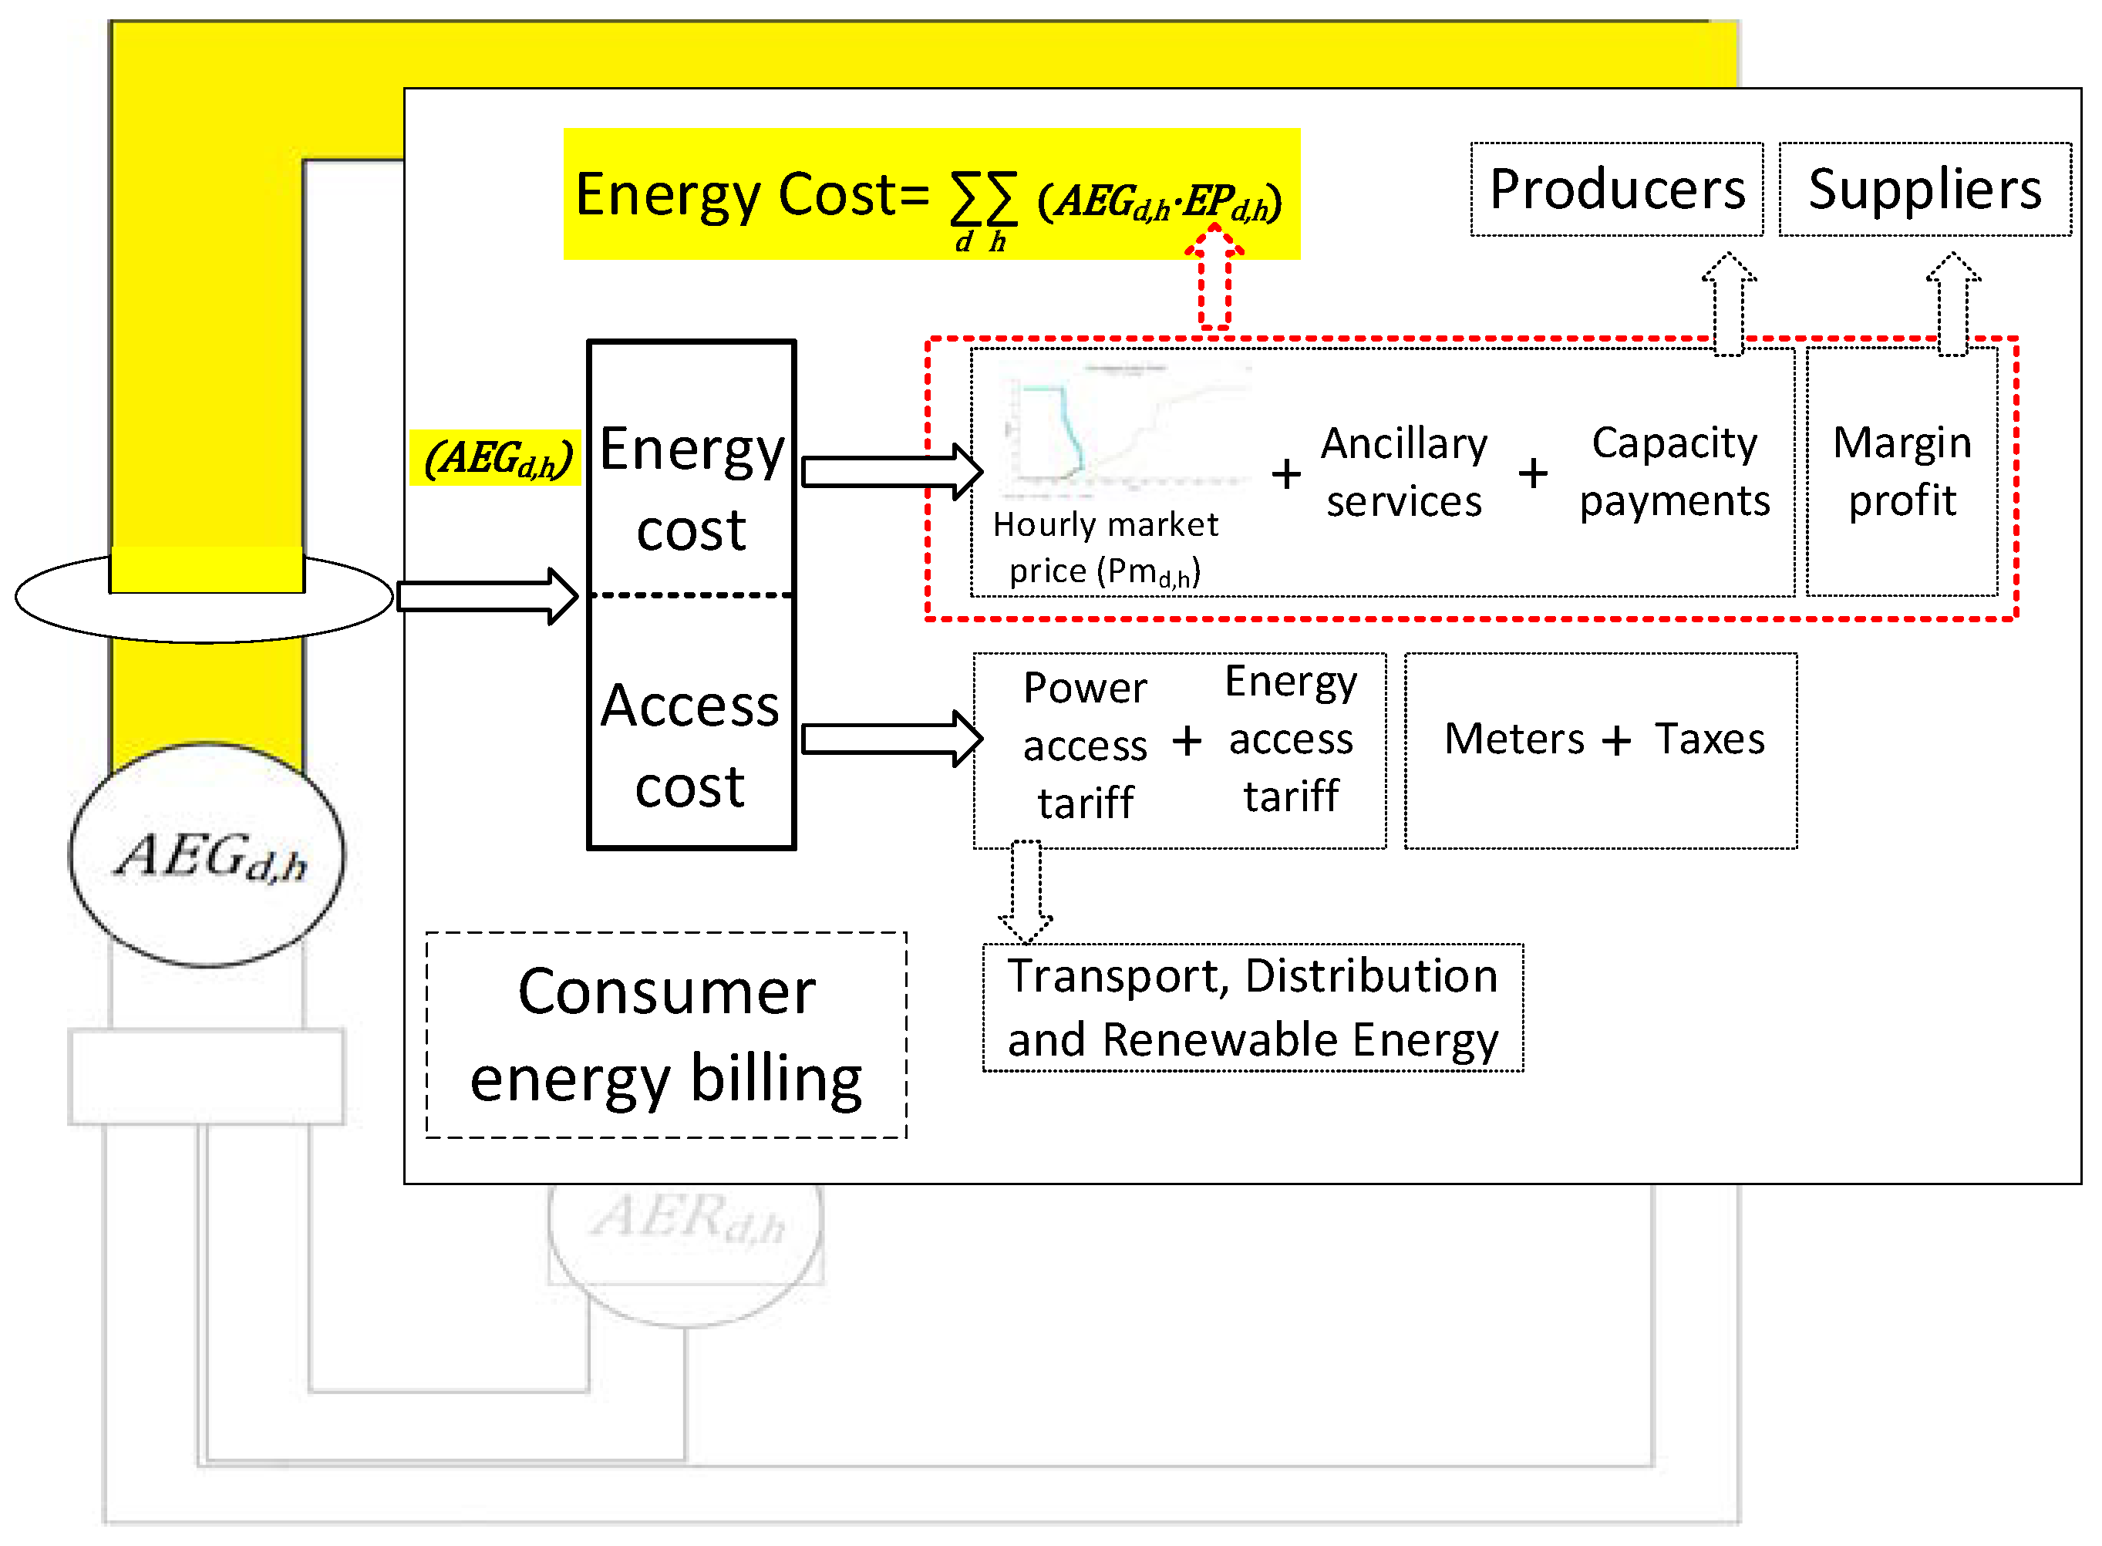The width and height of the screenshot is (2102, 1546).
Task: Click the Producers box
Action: point(1615,189)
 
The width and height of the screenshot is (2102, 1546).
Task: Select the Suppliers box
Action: point(1924,189)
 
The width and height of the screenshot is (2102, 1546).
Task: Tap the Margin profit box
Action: point(1901,472)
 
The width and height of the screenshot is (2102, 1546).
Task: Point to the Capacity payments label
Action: point(1673,472)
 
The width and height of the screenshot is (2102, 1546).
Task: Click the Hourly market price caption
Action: point(1104,548)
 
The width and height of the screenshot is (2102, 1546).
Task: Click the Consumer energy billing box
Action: point(665,1035)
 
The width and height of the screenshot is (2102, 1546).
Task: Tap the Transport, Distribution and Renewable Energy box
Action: point(1251,1008)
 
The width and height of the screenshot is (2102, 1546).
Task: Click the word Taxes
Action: point(1709,739)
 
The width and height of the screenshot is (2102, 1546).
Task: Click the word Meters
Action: point(1514,739)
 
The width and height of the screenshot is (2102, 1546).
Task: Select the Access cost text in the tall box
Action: point(690,746)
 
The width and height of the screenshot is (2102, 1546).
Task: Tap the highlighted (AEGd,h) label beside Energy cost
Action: point(496,459)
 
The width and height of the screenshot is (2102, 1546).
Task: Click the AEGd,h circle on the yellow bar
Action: point(207,855)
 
